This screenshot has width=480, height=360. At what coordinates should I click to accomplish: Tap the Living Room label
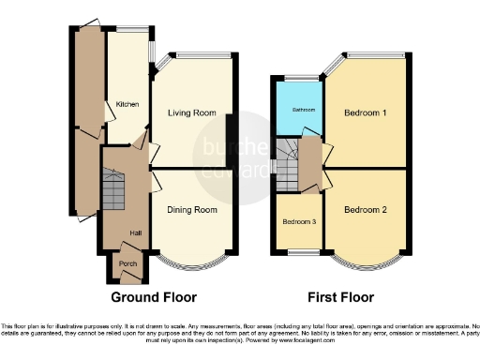(192, 113)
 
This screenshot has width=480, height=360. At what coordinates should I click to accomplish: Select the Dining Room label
(192, 210)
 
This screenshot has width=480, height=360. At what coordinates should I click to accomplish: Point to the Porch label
(126, 264)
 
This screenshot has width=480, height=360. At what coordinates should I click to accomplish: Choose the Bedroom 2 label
(366, 210)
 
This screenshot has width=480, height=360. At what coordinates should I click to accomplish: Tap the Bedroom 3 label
(299, 222)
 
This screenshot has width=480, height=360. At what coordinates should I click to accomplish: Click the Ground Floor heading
(155, 298)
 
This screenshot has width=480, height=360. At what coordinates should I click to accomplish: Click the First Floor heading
(341, 298)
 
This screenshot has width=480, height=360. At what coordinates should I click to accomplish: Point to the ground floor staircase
(112, 192)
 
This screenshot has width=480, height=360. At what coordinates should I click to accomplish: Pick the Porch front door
(126, 281)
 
